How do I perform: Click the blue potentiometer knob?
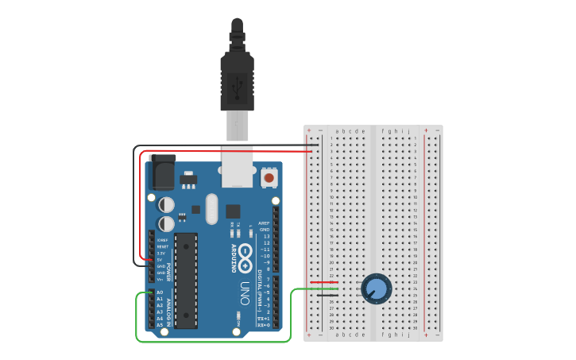tap(377, 288)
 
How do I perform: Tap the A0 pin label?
tap(160, 292)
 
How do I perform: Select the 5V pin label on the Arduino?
tap(160, 259)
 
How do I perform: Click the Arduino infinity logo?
tap(246, 257)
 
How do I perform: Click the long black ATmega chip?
tap(186, 280)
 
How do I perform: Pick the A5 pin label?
tap(160, 325)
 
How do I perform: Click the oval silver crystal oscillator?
tap(211, 210)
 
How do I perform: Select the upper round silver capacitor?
tap(166, 204)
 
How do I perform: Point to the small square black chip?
tap(233, 211)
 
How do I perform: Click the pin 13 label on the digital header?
tap(266, 237)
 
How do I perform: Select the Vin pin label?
tap(160, 279)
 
